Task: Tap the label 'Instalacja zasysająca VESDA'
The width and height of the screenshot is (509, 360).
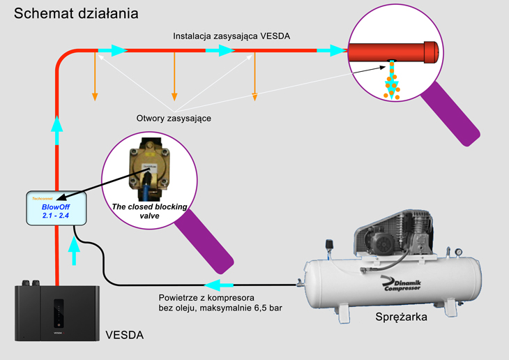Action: [x=231, y=35]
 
